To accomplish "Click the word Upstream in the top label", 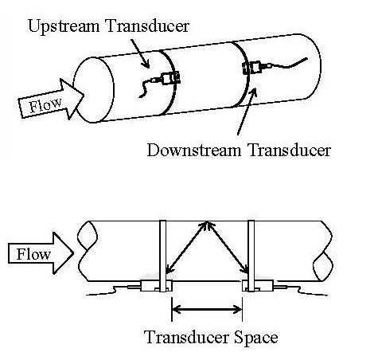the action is click(x=64, y=26).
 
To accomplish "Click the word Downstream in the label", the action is click(x=194, y=151).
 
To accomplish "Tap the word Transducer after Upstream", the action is click(x=147, y=25).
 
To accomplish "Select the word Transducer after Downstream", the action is click(x=290, y=151).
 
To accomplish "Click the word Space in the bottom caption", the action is click(x=256, y=338).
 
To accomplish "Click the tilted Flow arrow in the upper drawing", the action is click(x=51, y=100).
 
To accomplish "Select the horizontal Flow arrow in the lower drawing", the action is click(x=41, y=253).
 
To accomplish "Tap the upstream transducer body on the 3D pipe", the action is click(x=171, y=78).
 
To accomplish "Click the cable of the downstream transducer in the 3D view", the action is click(x=288, y=63).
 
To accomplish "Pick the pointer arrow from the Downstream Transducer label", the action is click(x=247, y=111).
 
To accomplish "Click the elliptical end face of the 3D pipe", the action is click(x=93, y=90).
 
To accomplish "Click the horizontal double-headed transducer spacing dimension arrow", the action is click(x=207, y=309).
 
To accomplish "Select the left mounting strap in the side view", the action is click(x=163, y=256).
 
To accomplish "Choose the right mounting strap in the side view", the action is click(x=251, y=256).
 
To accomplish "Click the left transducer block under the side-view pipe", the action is click(x=156, y=286).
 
